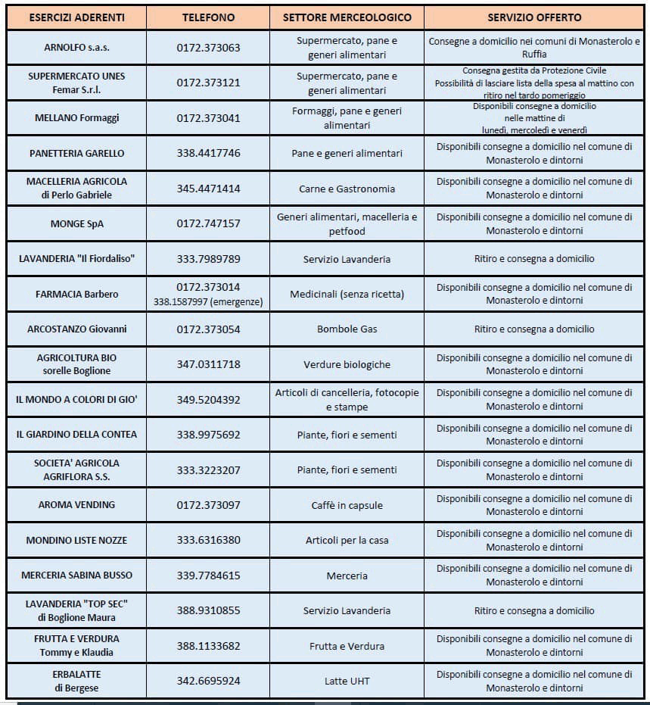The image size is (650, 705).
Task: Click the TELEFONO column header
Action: click(208, 17)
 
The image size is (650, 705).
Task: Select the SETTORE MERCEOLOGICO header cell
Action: click(347, 17)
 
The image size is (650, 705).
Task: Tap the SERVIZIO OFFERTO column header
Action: click(534, 17)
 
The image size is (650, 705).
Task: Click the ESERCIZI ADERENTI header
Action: click(76, 17)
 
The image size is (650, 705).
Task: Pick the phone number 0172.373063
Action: click(208, 48)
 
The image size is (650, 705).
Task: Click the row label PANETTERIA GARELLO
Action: click(76, 153)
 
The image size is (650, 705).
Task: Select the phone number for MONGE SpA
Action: click(208, 223)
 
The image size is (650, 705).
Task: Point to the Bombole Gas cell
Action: click(347, 329)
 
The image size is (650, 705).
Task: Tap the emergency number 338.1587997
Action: click(208, 301)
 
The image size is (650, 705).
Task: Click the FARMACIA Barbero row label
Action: click(76, 294)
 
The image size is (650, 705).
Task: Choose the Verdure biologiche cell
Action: click(347, 364)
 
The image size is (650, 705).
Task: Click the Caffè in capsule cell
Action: click(347, 505)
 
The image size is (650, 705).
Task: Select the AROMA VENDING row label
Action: click(76, 505)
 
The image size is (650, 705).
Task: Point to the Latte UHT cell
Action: click(347, 681)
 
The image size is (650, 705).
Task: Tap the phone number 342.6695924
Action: click(208, 681)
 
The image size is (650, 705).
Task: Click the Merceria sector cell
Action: click(347, 576)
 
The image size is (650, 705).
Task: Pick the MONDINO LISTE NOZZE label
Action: click(76, 540)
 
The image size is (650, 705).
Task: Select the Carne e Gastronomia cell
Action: click(347, 189)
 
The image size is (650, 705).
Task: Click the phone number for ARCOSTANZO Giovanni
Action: click(208, 329)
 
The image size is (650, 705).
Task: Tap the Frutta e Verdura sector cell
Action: click(347, 646)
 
